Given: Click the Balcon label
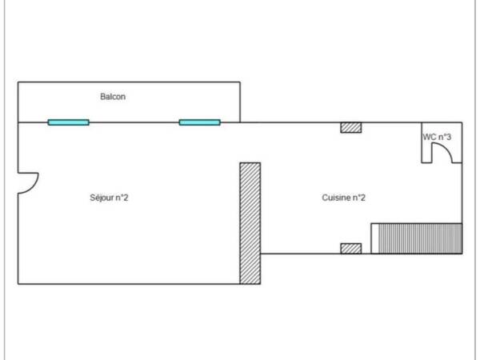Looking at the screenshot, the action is click(x=113, y=97).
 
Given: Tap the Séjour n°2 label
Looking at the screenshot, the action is click(x=109, y=198).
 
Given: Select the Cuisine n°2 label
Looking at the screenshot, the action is click(x=343, y=198).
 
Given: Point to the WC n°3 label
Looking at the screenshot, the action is click(x=437, y=137).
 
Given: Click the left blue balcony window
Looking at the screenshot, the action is click(x=69, y=122).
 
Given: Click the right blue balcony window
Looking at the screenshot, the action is click(x=199, y=122).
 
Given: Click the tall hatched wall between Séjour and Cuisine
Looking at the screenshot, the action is click(x=250, y=223).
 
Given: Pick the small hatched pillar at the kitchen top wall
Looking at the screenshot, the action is click(x=351, y=128).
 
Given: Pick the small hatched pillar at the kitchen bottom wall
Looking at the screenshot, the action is click(x=351, y=249).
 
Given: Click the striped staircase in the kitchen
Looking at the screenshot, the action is click(x=420, y=238).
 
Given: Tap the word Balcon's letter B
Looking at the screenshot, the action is click(x=103, y=97).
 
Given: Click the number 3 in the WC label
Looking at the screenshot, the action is click(x=448, y=137).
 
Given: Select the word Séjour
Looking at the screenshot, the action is click(x=102, y=198).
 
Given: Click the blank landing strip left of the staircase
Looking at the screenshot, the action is click(x=374, y=238).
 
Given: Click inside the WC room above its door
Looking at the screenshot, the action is click(x=442, y=129).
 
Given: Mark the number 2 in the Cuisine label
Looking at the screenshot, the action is click(x=362, y=198).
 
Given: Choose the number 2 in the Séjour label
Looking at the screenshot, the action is click(x=126, y=198).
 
